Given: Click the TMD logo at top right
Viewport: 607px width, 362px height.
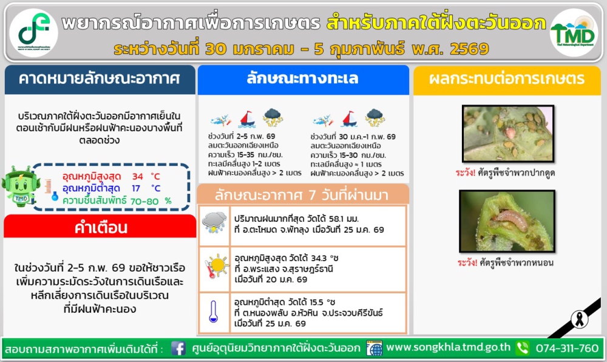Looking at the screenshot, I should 573,32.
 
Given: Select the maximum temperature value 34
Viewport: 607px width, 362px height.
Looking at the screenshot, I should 138,177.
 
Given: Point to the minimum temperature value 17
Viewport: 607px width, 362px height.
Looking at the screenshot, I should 138,188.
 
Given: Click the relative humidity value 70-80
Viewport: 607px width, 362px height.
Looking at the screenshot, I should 145,200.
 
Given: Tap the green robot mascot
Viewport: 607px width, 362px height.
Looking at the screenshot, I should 21,188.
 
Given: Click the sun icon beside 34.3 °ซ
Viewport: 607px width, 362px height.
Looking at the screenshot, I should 215,265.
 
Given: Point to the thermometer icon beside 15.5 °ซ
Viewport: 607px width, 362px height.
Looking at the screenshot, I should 214,312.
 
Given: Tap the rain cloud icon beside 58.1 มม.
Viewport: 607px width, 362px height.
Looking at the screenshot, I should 214,222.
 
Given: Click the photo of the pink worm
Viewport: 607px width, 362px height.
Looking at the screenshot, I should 506,220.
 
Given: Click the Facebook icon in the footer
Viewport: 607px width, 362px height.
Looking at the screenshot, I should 178,349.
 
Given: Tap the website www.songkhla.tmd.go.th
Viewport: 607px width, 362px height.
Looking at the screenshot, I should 449,348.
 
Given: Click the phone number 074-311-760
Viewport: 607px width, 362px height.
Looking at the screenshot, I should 566,348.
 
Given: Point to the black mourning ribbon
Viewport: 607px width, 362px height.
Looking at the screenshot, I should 580,319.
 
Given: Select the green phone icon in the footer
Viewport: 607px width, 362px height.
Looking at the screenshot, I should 522,349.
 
